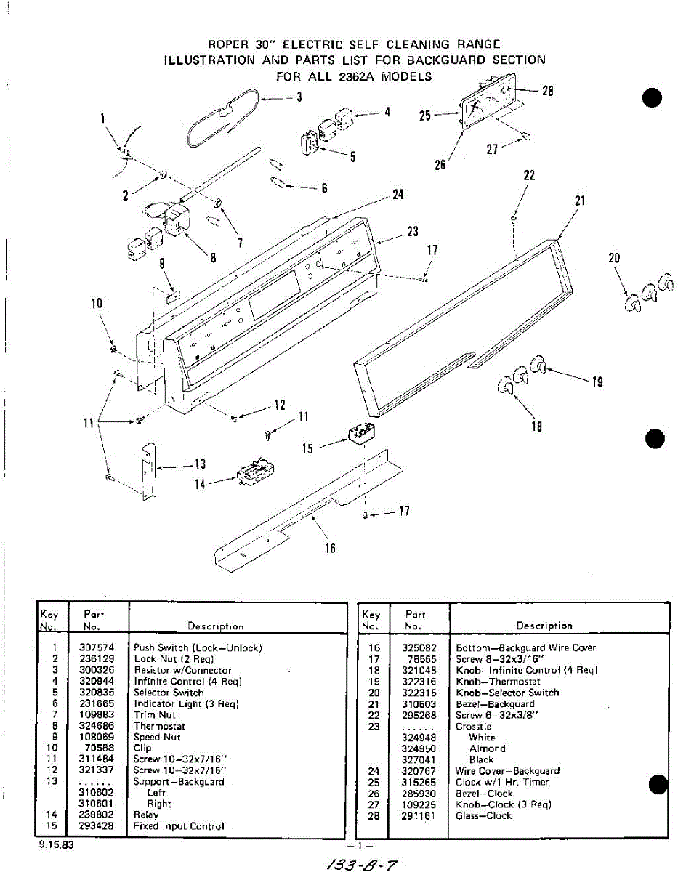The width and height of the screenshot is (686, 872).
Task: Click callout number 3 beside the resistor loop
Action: [299, 98]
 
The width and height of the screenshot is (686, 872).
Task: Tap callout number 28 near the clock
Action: [548, 91]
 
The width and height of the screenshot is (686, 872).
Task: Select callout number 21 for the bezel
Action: [580, 201]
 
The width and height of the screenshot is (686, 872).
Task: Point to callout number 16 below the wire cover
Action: [330, 548]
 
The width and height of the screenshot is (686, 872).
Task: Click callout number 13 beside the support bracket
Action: [200, 465]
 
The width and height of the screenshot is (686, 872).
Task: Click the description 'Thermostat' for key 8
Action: [159, 726]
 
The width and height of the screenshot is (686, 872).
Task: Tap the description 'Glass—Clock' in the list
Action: [483, 816]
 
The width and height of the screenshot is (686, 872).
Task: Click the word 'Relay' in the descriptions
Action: [146, 815]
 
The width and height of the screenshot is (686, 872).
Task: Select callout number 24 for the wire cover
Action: [398, 195]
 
